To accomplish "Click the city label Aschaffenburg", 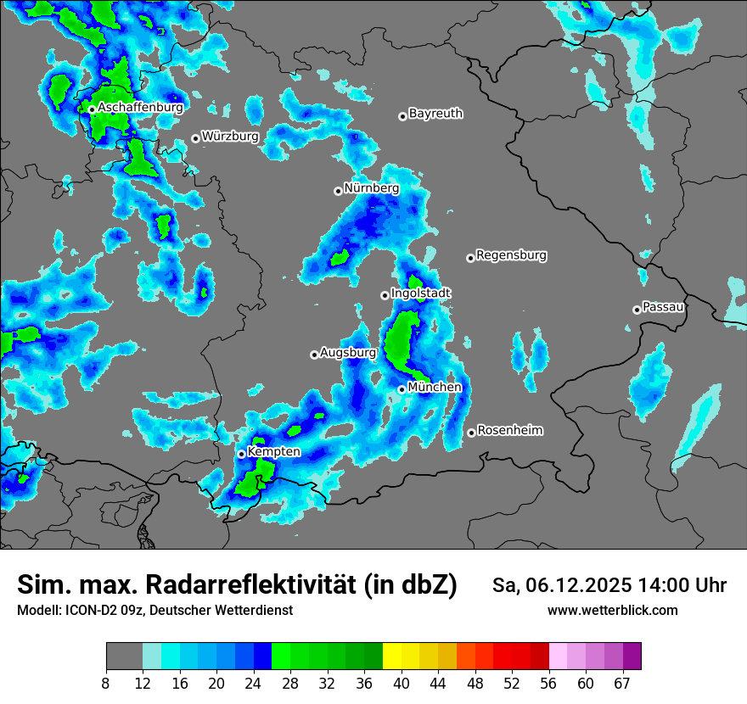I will pyautogui.click(x=140, y=108).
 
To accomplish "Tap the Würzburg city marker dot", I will pyautogui.click(x=195, y=138).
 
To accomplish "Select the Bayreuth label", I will pyautogui.click(x=435, y=113).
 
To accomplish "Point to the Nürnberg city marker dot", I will pyautogui.click(x=338, y=191).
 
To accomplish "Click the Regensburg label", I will pyautogui.click(x=511, y=254).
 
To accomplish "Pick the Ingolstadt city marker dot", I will pyautogui.click(x=385, y=295).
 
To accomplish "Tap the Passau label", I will pyautogui.click(x=663, y=306).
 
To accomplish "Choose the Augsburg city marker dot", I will pyautogui.click(x=314, y=355).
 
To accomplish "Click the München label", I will pyautogui.click(x=435, y=387).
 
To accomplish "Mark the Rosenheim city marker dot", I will pyautogui.click(x=471, y=433).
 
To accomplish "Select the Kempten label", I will pyautogui.click(x=273, y=451).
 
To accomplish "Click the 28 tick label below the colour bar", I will pyautogui.click(x=291, y=684).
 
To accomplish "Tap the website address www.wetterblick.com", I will pyautogui.click(x=612, y=610).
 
